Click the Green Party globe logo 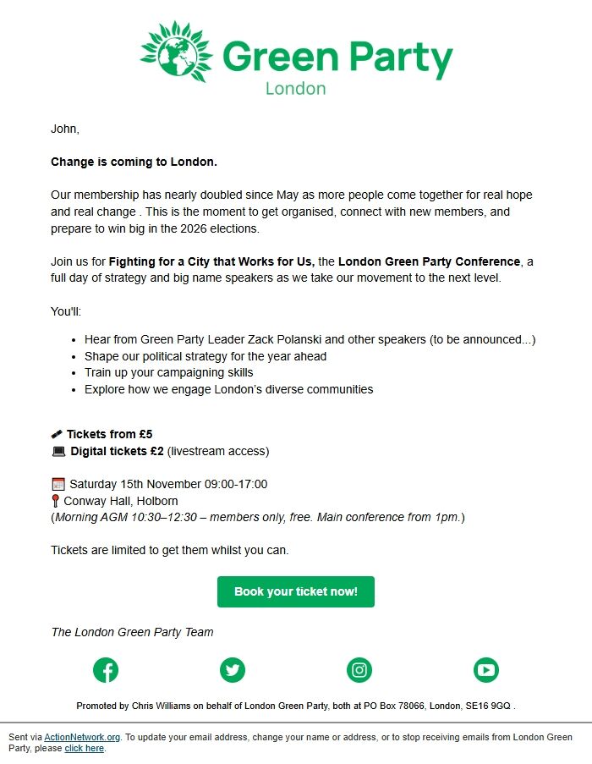174,52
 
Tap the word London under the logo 295,88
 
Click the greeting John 64,129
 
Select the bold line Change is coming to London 134,161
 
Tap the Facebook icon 106,670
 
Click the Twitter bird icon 233,670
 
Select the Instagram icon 359,670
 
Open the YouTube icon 486,670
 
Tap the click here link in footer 84,749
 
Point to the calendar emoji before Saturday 58,485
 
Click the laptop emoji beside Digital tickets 58,452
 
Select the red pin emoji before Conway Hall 56,501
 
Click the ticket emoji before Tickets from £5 57,435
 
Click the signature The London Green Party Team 132,632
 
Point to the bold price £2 156,451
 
